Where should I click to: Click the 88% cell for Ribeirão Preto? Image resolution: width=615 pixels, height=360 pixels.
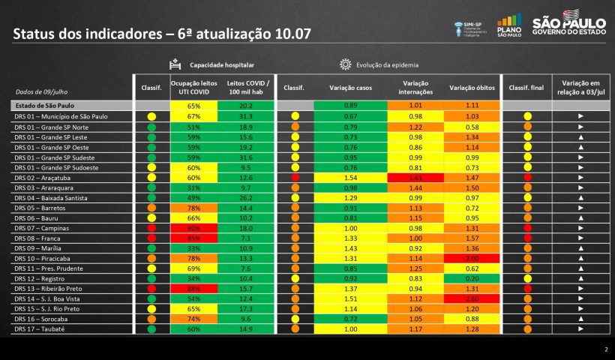click(193, 289)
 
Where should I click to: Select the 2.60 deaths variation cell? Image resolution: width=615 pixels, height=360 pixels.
click(472, 298)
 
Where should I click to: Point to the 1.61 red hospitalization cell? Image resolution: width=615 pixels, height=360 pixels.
click(415, 178)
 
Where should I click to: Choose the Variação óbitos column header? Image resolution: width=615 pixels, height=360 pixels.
click(472, 88)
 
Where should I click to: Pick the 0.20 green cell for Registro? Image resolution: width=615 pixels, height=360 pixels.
click(472, 278)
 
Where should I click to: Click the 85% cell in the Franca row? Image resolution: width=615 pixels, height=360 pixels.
click(193, 238)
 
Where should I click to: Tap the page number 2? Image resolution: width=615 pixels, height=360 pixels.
click(605, 349)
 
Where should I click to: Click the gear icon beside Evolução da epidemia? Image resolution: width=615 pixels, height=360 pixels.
click(345, 64)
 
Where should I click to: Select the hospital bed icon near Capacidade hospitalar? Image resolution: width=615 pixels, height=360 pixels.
click(175, 64)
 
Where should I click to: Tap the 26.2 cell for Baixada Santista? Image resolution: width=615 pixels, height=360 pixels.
click(247, 197)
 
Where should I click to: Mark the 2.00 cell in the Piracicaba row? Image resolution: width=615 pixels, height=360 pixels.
click(472, 258)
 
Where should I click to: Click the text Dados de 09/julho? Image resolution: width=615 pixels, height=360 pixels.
click(40, 91)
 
